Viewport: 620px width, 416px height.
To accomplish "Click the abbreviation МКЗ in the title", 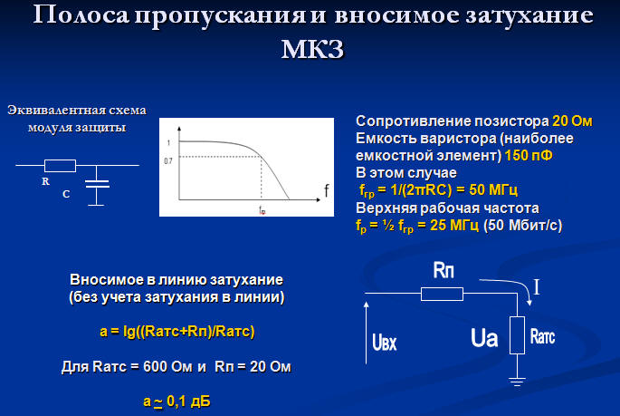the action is click(x=313, y=49).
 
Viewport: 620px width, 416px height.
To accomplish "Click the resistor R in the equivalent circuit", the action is click(x=60, y=166).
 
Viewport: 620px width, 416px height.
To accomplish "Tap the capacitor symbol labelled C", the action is click(x=97, y=184).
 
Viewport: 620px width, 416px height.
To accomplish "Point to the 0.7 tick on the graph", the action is click(x=168, y=161).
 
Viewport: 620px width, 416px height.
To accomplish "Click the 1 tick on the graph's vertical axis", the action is click(x=169, y=143).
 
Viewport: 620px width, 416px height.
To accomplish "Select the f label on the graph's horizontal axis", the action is click(x=326, y=191).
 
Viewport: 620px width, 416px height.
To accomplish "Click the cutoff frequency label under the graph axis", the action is click(x=262, y=209).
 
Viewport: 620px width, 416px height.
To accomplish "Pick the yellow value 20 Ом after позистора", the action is click(x=572, y=121).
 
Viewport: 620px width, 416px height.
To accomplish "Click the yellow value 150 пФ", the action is click(x=529, y=155).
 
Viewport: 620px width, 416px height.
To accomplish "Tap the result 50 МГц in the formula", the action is click(x=493, y=189).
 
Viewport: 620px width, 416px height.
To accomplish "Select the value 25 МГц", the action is click(x=454, y=225).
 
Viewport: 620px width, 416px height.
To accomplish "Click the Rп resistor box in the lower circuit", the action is click(x=442, y=294).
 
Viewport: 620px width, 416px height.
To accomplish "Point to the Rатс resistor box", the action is click(x=517, y=334).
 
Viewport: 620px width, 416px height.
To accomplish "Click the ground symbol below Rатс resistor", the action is click(x=517, y=382).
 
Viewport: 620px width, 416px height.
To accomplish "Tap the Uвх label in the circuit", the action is click(x=385, y=342).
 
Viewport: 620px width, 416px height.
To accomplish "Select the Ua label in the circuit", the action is click(x=484, y=338).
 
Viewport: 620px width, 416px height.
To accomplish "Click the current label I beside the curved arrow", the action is click(x=537, y=287).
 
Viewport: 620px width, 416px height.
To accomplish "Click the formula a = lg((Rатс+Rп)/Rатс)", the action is click(x=177, y=332).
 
